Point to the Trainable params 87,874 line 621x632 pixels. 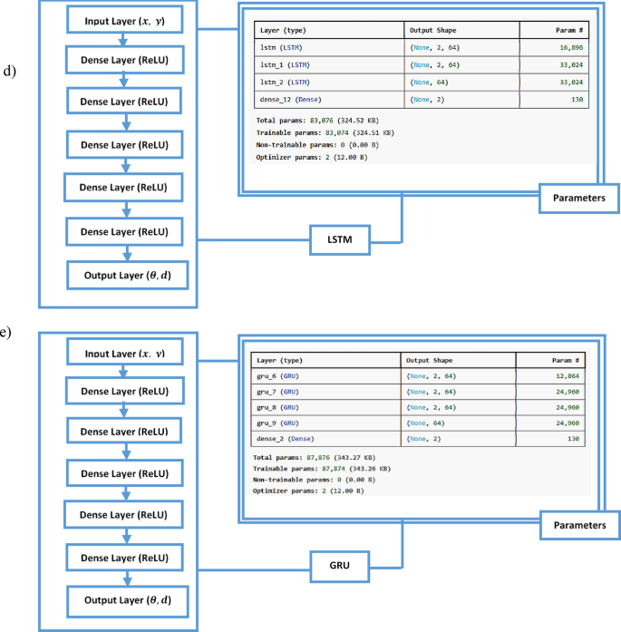click(x=321, y=468)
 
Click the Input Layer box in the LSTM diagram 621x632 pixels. click(x=126, y=21)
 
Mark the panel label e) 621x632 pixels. click(x=5, y=332)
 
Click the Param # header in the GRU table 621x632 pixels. click(x=566, y=359)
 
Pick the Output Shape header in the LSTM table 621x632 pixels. click(x=436, y=31)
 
